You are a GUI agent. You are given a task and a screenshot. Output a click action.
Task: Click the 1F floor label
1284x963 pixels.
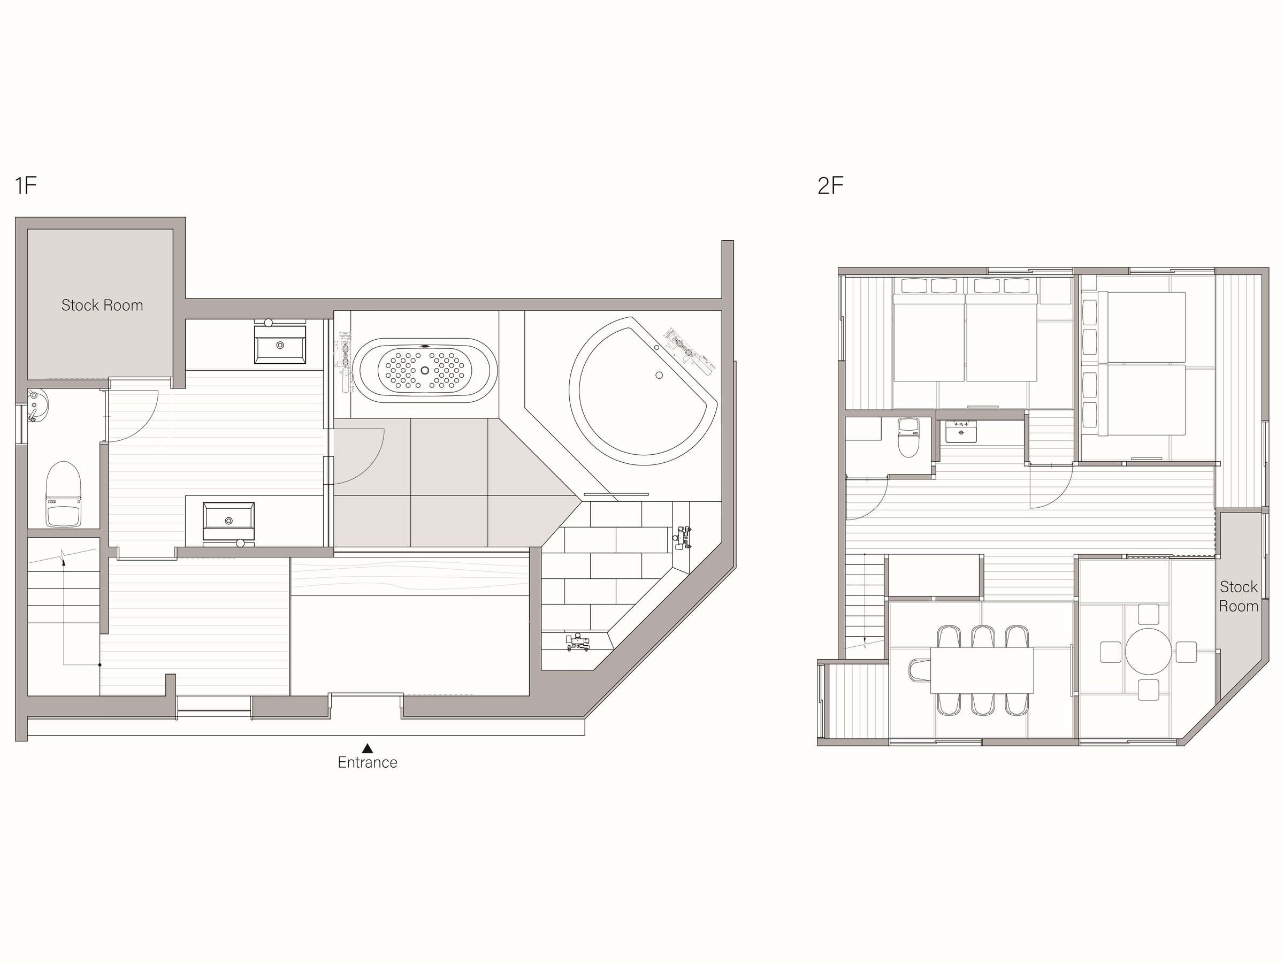(x=26, y=186)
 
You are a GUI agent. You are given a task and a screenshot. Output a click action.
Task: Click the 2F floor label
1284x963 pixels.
(x=830, y=186)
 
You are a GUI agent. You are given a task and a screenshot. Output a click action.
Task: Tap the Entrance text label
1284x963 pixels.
(x=368, y=762)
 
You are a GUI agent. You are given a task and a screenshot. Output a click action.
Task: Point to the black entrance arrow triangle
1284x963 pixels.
(x=368, y=748)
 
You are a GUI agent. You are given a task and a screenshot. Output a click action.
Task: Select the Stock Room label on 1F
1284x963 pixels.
(x=102, y=305)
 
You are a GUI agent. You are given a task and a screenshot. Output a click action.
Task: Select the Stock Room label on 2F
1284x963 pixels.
(x=1238, y=597)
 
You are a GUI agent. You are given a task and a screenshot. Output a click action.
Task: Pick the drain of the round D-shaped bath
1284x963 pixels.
(x=659, y=376)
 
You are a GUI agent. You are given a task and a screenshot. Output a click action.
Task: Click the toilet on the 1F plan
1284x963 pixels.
(x=64, y=494)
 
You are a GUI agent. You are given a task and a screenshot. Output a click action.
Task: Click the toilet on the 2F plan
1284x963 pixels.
(x=908, y=437)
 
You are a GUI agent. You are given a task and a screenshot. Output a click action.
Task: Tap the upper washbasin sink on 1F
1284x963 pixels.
(x=280, y=345)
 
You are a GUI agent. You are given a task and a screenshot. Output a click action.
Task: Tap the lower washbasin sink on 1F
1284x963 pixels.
(x=228, y=521)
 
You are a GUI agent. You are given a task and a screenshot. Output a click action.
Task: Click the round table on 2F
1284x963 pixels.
(x=1148, y=651)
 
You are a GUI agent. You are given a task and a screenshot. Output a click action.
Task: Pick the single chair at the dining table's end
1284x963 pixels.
(x=920, y=670)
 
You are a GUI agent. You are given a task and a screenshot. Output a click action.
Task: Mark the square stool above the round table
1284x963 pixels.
(x=1148, y=614)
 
